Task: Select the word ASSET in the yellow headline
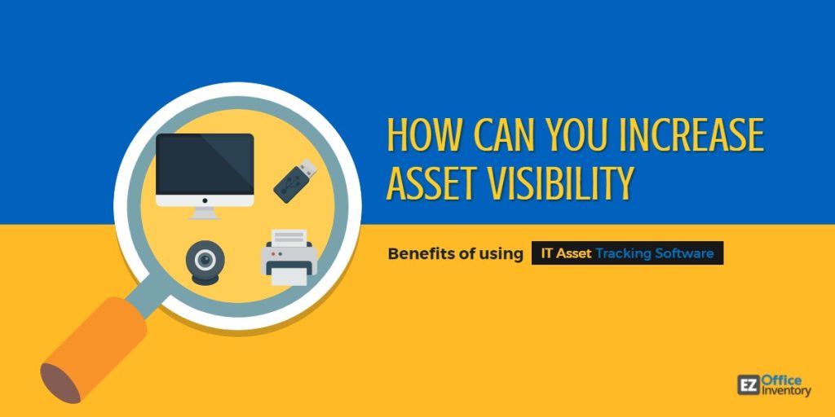(432, 183)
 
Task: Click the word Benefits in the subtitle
(421, 254)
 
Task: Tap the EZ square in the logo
(749, 385)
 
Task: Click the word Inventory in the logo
(786, 391)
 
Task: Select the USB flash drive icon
(295, 181)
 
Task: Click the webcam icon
(205, 262)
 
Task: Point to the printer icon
(289, 257)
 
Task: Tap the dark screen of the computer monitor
(205, 164)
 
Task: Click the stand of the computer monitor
(205, 213)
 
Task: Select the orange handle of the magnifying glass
(96, 349)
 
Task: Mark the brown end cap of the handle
(60, 383)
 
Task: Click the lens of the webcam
(205, 260)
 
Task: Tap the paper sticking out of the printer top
(289, 237)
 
